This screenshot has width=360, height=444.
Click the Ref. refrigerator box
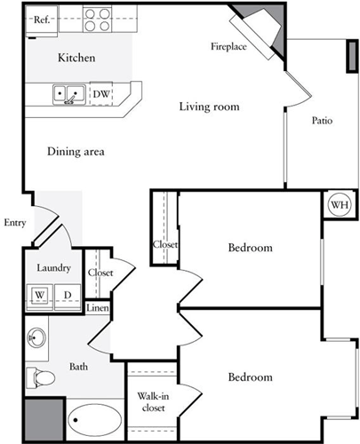[x=40, y=19]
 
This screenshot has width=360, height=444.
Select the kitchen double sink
[x=68, y=92]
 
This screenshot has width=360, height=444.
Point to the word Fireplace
[x=228, y=45]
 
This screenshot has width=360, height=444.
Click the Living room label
[x=209, y=107]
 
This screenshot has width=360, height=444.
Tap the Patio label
[x=322, y=120]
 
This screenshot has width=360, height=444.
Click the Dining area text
[x=76, y=152]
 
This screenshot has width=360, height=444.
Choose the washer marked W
[x=40, y=295]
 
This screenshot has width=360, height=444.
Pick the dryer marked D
[x=66, y=295]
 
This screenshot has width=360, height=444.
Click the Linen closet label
[x=98, y=308]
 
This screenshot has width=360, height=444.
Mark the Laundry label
[x=52, y=267]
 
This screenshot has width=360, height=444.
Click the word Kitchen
[x=76, y=59]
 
